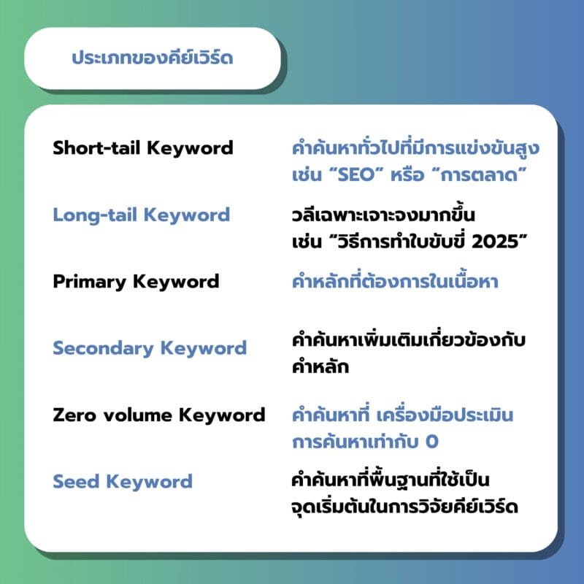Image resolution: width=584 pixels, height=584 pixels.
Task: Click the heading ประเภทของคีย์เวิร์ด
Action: coord(153,58)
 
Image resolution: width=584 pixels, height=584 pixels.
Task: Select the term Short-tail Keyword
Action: coord(143,148)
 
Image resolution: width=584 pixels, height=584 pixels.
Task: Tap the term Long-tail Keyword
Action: coord(142,215)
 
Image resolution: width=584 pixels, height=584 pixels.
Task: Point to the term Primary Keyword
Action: coord(136,282)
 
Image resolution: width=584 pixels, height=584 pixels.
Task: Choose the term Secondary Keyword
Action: coord(150,349)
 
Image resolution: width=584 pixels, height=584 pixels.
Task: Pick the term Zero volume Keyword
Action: coord(159,415)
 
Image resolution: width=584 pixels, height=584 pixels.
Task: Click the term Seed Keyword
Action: coord(123,482)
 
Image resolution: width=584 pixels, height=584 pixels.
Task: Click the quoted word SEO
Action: coord(356,174)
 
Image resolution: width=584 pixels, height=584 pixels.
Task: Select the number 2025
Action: coord(495,242)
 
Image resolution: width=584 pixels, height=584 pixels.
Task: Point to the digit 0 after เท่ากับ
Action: coord(432,442)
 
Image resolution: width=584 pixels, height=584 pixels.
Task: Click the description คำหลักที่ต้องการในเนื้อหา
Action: coord(395,281)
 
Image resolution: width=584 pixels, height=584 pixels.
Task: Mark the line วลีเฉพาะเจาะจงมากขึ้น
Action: coord(383,215)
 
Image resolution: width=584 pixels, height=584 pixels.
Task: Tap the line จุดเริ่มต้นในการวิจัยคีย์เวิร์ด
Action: coord(405,507)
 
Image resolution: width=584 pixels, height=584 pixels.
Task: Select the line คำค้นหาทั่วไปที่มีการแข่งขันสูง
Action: coord(415,148)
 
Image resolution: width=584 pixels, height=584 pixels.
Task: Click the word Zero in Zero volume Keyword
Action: coord(74,415)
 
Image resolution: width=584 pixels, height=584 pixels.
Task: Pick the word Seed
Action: coord(77,482)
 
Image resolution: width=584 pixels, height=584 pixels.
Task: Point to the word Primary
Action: coord(89,282)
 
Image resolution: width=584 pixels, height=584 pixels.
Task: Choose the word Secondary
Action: coord(103,349)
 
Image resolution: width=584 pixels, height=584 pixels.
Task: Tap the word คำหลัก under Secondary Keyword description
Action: coord(320,367)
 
